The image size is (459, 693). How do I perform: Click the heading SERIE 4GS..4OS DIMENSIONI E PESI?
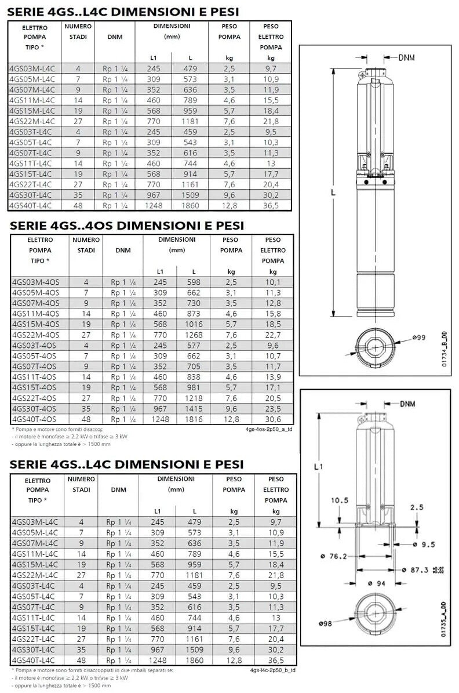pyautogui.click(x=127, y=226)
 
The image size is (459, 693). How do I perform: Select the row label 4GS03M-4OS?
pyautogui.click(x=35, y=282)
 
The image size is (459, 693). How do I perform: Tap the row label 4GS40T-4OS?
pyautogui.click(x=35, y=419)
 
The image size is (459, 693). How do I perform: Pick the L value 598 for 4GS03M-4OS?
pyautogui.click(x=194, y=282)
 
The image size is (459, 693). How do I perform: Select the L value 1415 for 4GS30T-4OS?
pyautogui.click(x=194, y=409)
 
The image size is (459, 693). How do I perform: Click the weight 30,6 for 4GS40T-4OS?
pyautogui.click(x=272, y=419)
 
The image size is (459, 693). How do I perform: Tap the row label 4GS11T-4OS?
pyautogui.click(x=35, y=377)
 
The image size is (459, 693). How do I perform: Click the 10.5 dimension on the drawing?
pyautogui.click(x=339, y=500)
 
